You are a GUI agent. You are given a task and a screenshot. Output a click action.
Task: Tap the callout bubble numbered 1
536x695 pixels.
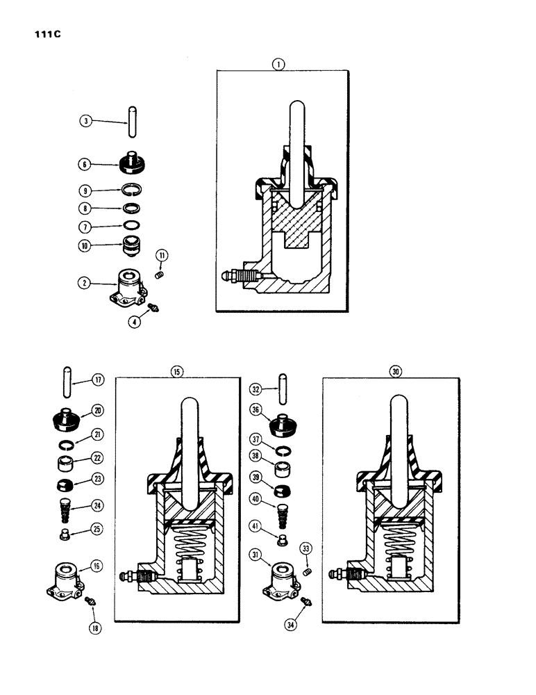278,64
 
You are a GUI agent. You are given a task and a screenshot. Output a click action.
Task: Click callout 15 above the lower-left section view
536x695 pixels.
176,372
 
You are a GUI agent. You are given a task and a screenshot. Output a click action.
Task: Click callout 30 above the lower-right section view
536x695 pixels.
395,372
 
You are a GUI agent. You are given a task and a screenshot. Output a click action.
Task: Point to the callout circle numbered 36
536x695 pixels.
257,411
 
